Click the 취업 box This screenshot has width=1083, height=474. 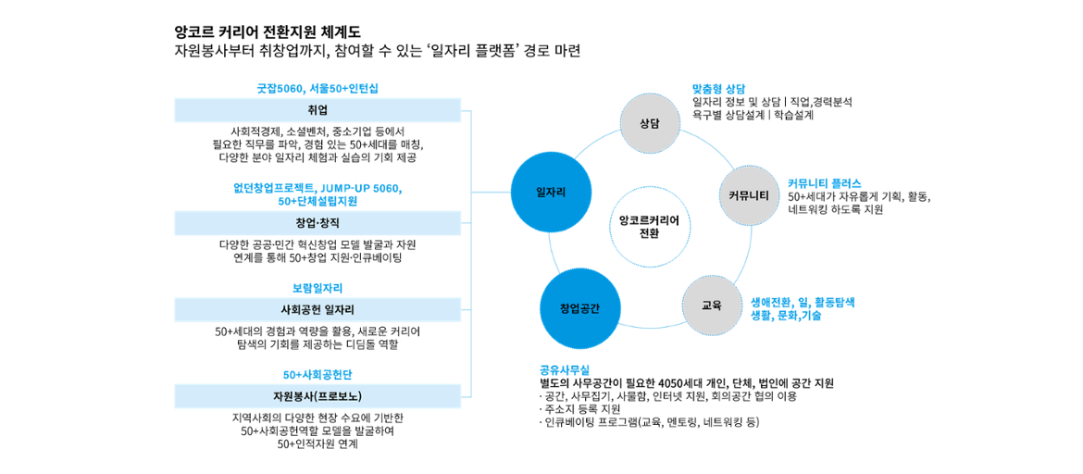tap(317, 110)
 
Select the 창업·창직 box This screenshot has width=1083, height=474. tap(317, 223)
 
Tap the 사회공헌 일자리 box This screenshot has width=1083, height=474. tap(317, 310)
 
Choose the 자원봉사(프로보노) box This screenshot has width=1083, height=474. tap(317, 397)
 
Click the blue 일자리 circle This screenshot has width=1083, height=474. tap(551, 193)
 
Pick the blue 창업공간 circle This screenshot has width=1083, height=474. tap(579, 308)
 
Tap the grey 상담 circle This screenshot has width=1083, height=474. tap(650, 123)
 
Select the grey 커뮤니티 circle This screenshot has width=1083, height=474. tap(750, 195)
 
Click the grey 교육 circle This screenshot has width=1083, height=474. tap(712, 305)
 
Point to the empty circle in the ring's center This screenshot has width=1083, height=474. tap(650, 227)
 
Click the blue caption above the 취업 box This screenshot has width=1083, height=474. tap(317, 89)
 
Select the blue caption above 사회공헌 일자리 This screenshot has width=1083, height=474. tap(317, 289)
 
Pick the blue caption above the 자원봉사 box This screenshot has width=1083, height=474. tap(317, 375)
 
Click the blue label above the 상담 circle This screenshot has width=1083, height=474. tap(718, 89)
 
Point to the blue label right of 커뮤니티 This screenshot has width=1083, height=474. tap(824, 183)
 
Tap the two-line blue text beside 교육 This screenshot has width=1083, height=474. tap(802, 309)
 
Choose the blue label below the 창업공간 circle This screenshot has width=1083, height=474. tap(565, 370)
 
